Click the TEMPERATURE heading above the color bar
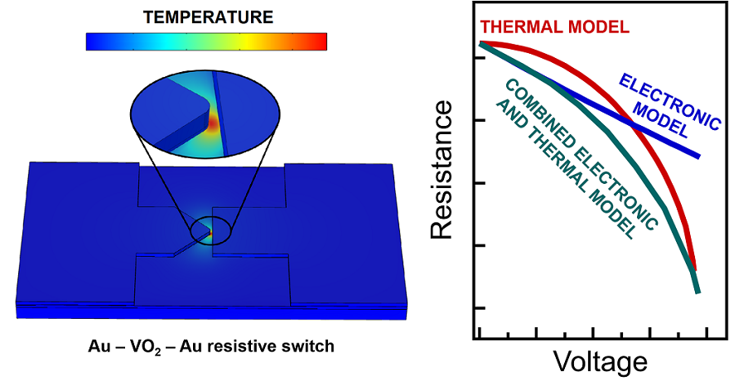[x=208, y=17]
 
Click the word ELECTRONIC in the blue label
[x=669, y=101]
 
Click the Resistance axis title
[x=442, y=170]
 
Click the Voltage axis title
[x=601, y=361]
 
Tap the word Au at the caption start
[x=98, y=346]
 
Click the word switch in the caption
[x=311, y=346]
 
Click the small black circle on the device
[x=210, y=231]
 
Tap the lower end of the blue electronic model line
[x=698, y=157]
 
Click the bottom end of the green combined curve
[x=697, y=292]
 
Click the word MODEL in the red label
[x=599, y=27]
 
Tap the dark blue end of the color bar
[x=91, y=41]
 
